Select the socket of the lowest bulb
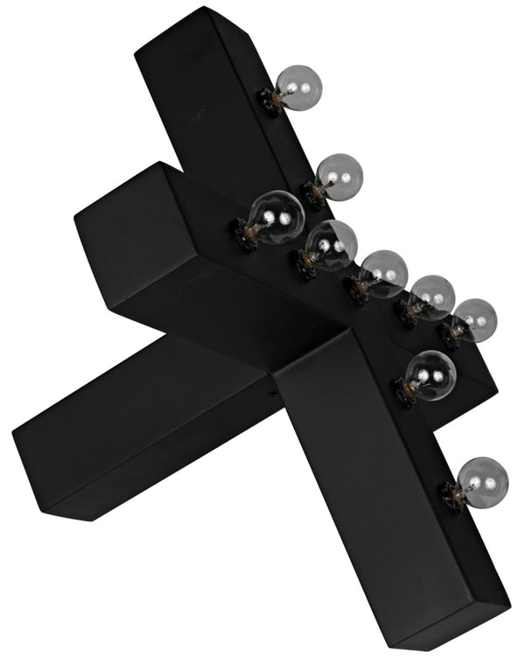point(453,496)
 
